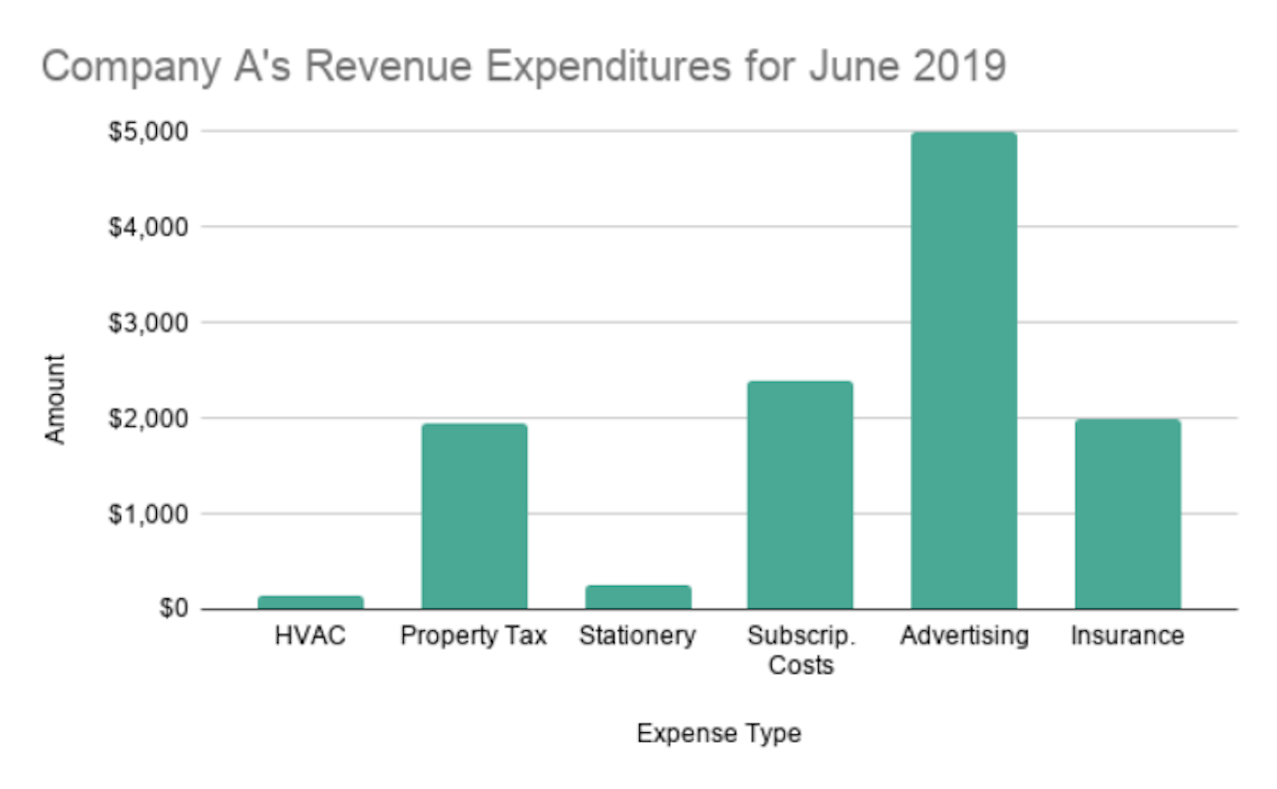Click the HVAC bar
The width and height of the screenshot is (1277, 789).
[x=310, y=602]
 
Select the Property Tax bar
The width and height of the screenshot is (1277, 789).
[x=474, y=516]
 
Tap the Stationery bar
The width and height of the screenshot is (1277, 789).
[x=638, y=597]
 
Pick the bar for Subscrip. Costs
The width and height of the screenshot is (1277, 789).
[x=800, y=495]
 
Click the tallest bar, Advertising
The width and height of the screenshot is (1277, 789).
[x=964, y=370]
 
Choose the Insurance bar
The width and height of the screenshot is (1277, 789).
[x=1127, y=514]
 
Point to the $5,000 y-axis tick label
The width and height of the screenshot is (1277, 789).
[x=148, y=131]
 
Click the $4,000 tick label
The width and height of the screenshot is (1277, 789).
[x=148, y=227]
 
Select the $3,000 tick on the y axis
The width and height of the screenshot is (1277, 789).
[x=148, y=323]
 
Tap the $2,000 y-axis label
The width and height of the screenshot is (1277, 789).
[x=148, y=419]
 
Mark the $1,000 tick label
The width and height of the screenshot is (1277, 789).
[x=148, y=513]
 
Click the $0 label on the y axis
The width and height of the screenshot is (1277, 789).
[x=173, y=608]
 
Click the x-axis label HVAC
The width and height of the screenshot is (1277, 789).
[x=310, y=635]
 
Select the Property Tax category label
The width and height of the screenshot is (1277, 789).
[x=473, y=636]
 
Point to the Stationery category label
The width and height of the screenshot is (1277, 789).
[x=637, y=636]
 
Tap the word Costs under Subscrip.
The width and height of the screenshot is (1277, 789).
[x=801, y=665]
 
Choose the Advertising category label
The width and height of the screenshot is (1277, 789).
[x=964, y=636]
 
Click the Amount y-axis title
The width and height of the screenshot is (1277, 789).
[x=55, y=400]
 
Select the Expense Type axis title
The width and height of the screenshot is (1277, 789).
[x=718, y=733]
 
